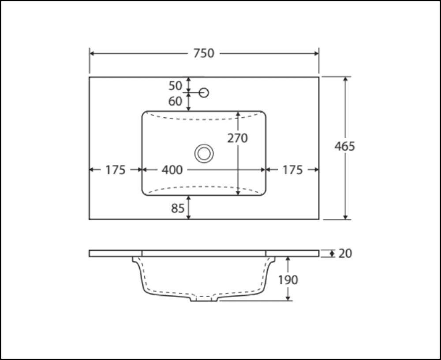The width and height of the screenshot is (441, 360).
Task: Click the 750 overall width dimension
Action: (x=204, y=53)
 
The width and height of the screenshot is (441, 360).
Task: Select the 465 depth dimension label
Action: (x=344, y=146)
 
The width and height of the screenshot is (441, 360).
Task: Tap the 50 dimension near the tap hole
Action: (x=175, y=86)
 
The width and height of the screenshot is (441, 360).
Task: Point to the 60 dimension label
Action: (x=175, y=101)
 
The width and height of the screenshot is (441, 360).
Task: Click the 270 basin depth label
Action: (x=237, y=138)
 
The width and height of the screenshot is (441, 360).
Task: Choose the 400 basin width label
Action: (x=172, y=170)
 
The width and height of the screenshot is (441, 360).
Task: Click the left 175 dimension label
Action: (x=115, y=170)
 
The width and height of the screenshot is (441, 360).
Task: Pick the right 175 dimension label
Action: (x=292, y=170)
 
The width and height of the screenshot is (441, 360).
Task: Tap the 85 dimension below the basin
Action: (x=178, y=208)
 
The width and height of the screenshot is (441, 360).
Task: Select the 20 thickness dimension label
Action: (x=345, y=253)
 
